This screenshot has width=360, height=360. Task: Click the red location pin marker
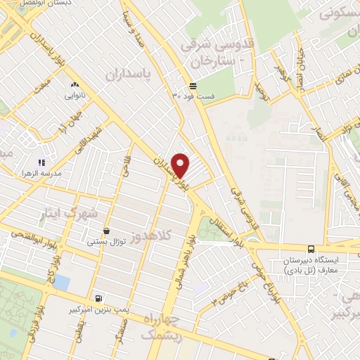181,165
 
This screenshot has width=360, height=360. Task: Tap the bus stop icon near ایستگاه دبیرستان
311,248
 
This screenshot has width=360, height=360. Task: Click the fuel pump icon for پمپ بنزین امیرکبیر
97,297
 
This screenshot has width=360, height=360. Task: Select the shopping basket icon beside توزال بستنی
106,231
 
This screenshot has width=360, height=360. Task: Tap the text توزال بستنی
106,242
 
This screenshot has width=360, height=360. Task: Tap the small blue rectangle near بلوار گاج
61,282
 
